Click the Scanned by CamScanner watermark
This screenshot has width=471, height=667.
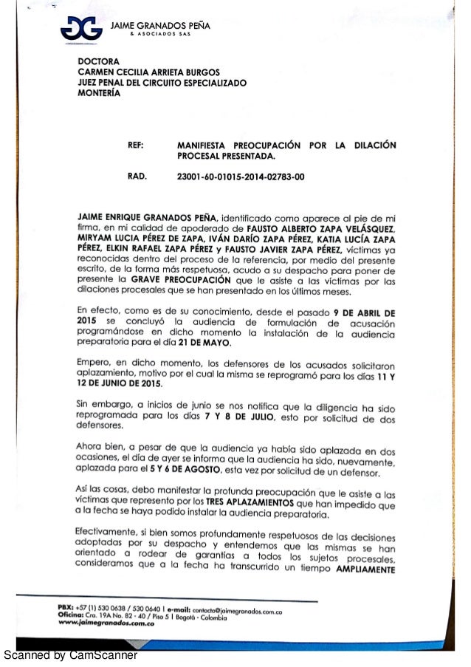70,654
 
